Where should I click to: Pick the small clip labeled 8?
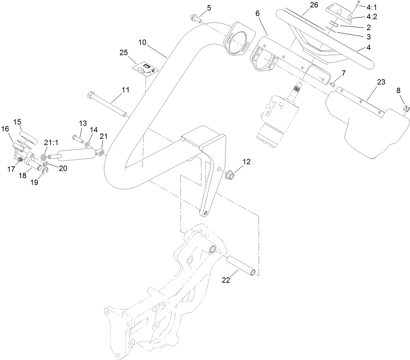coord(406,108)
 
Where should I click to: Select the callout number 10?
coord(142,43)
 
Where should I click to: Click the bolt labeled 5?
coord(195,17)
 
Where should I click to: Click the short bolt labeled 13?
coord(77,137)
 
